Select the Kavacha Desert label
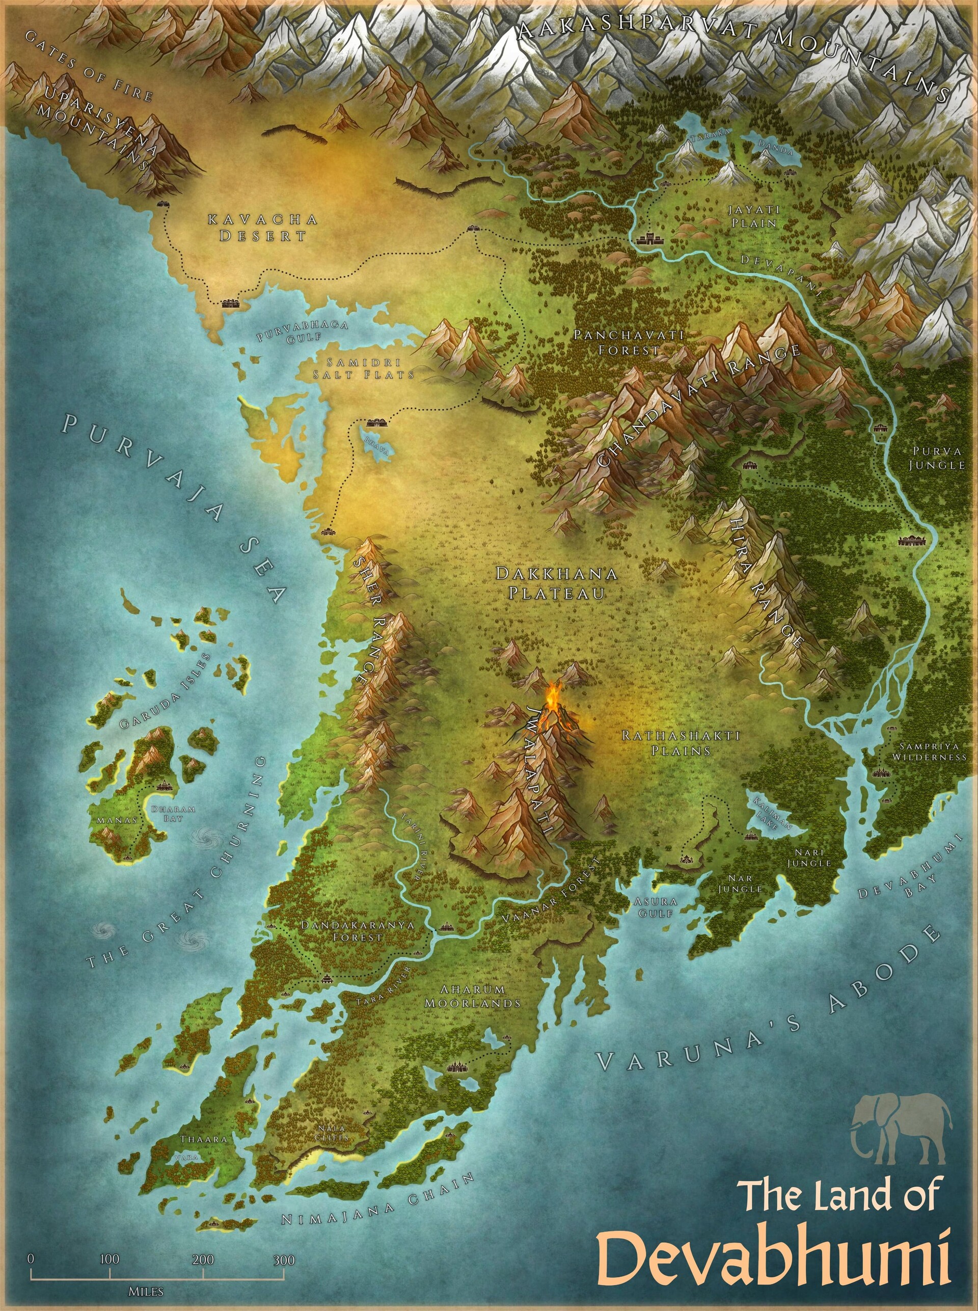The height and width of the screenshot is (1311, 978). [x=262, y=227]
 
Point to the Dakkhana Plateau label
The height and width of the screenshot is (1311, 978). [x=556, y=583]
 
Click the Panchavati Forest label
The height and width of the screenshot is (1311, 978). [x=629, y=342]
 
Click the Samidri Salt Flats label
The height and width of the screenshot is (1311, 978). [x=364, y=368]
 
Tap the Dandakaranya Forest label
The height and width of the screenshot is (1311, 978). [x=358, y=930]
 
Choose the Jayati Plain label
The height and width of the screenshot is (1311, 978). [x=754, y=216]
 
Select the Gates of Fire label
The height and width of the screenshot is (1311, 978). [x=89, y=67]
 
